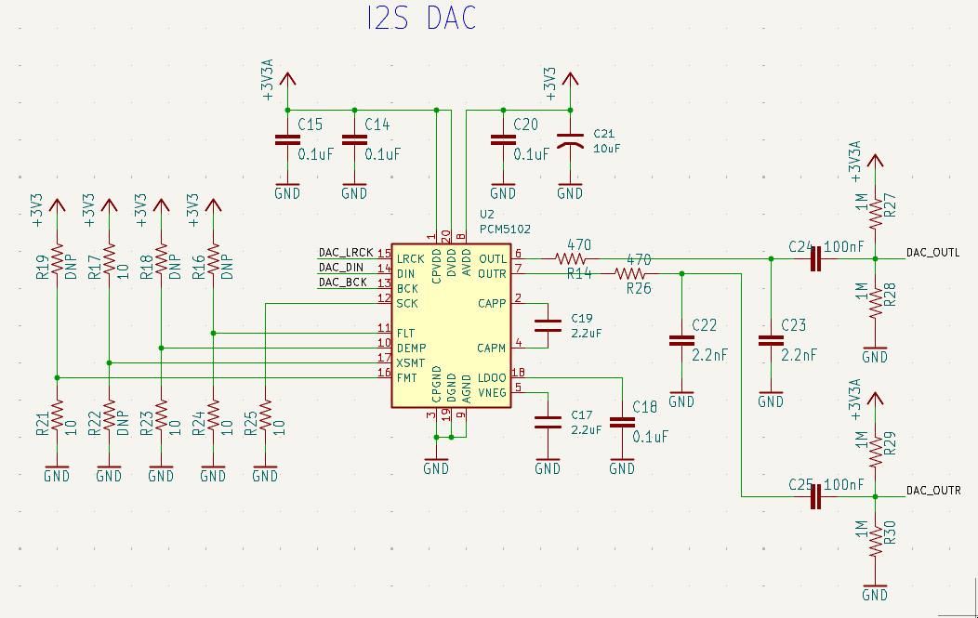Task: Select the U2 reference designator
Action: (x=486, y=213)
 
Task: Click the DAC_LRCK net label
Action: (x=346, y=252)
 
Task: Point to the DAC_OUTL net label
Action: (x=932, y=252)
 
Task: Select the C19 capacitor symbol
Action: (x=548, y=325)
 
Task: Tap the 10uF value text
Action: (x=606, y=148)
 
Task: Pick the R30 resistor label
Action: (x=889, y=532)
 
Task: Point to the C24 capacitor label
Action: (x=800, y=247)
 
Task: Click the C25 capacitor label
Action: (x=800, y=485)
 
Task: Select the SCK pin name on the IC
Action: (x=406, y=303)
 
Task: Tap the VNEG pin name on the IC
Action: (x=492, y=392)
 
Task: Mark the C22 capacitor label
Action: (x=705, y=325)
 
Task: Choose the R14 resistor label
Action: (x=579, y=274)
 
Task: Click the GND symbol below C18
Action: (x=622, y=467)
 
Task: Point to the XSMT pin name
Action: (x=411, y=362)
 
